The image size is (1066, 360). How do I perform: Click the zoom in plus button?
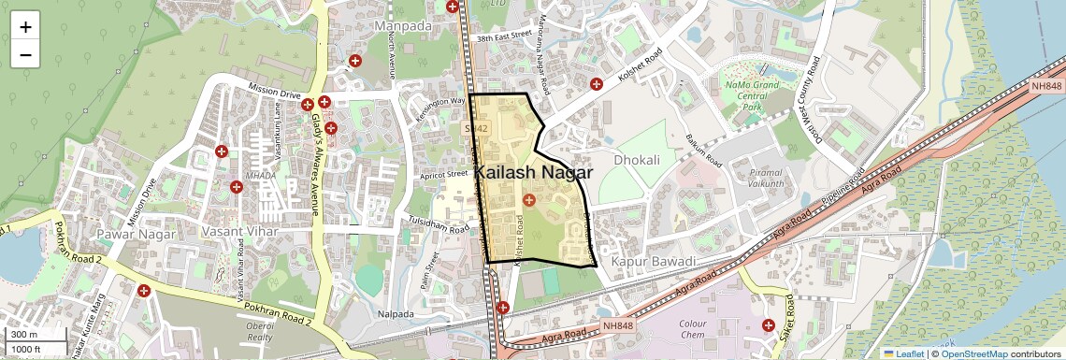point(25,26)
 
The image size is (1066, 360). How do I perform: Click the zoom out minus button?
point(25,55)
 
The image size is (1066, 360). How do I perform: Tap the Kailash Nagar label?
point(533,172)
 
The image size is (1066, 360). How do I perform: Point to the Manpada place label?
point(403,26)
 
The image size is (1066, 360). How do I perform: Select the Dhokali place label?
point(637,160)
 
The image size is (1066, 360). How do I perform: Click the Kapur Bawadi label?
point(655,261)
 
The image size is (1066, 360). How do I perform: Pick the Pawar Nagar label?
point(136,234)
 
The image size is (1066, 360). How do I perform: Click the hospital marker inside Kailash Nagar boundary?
point(528,199)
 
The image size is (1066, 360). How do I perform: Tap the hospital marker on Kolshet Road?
point(596,84)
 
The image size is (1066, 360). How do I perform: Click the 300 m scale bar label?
point(23,335)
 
